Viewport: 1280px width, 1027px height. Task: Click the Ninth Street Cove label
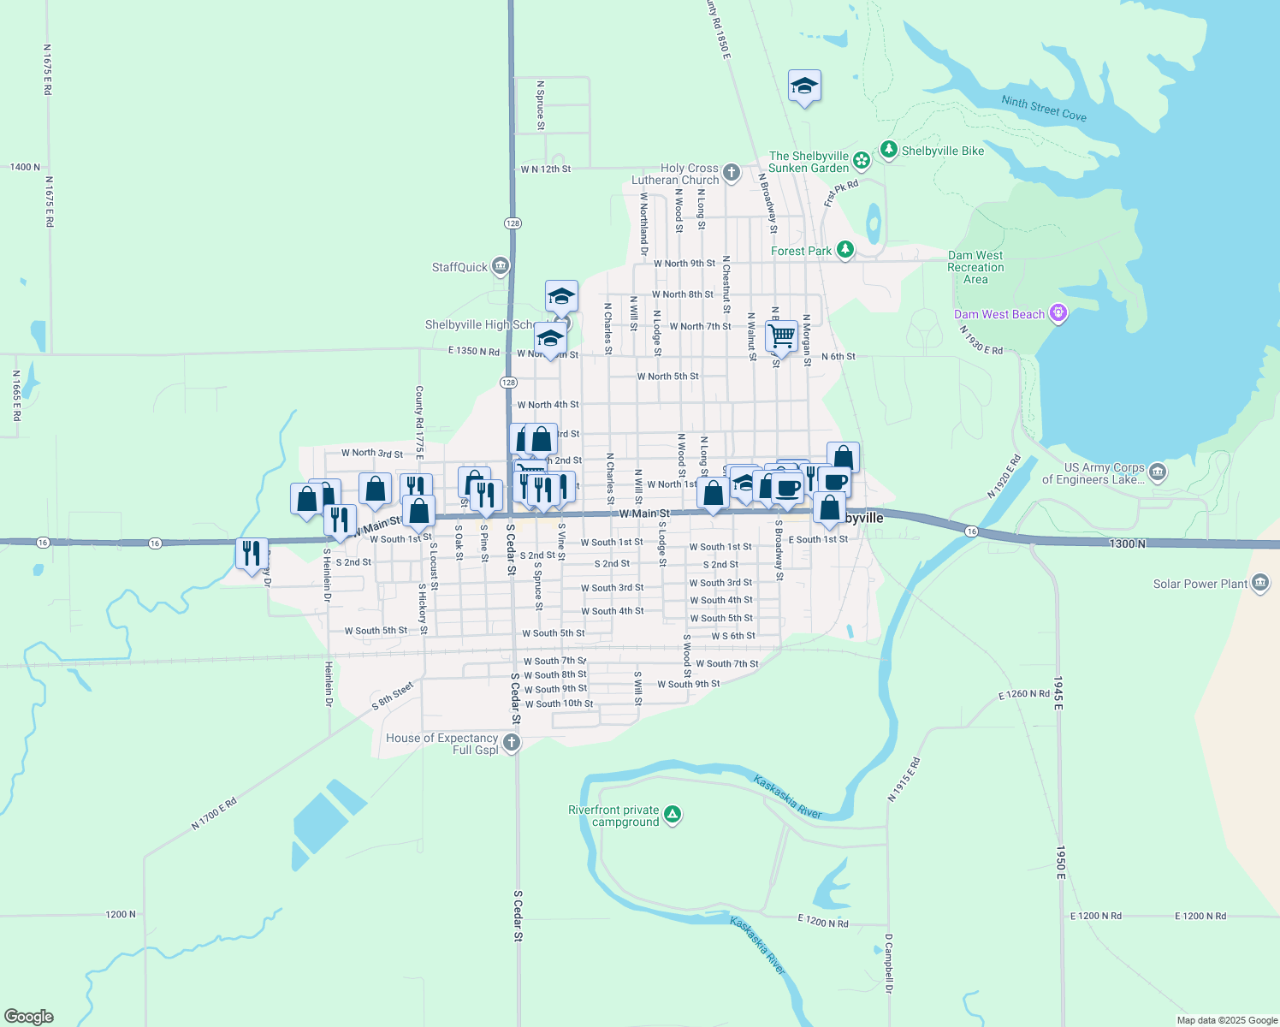(x=1044, y=109)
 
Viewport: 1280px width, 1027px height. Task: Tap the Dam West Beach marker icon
(x=1058, y=314)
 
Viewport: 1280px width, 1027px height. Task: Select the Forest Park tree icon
(x=845, y=250)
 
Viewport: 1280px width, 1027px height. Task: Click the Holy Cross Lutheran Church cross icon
(x=731, y=173)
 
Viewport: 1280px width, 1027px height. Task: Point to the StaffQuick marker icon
(x=501, y=267)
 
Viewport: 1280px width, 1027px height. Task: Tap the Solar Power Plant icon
(x=1259, y=584)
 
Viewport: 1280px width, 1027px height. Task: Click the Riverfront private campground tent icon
(x=673, y=814)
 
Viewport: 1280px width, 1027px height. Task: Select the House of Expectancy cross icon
(x=512, y=742)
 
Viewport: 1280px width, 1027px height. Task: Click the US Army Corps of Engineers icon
(x=1157, y=472)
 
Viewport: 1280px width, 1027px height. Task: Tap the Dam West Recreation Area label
(x=975, y=267)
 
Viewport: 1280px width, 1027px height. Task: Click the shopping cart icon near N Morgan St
(x=781, y=335)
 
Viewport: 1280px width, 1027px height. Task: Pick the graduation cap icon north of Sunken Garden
(x=803, y=86)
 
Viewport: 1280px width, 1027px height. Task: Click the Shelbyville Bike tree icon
(x=889, y=151)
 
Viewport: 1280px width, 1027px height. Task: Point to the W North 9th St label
(x=684, y=264)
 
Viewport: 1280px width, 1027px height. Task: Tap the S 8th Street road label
(x=393, y=697)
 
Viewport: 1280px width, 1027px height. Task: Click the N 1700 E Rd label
(x=214, y=813)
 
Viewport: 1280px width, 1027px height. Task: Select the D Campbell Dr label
(x=889, y=963)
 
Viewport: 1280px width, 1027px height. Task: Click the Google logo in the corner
(x=28, y=1017)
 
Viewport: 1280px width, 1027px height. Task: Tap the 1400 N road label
(x=25, y=167)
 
